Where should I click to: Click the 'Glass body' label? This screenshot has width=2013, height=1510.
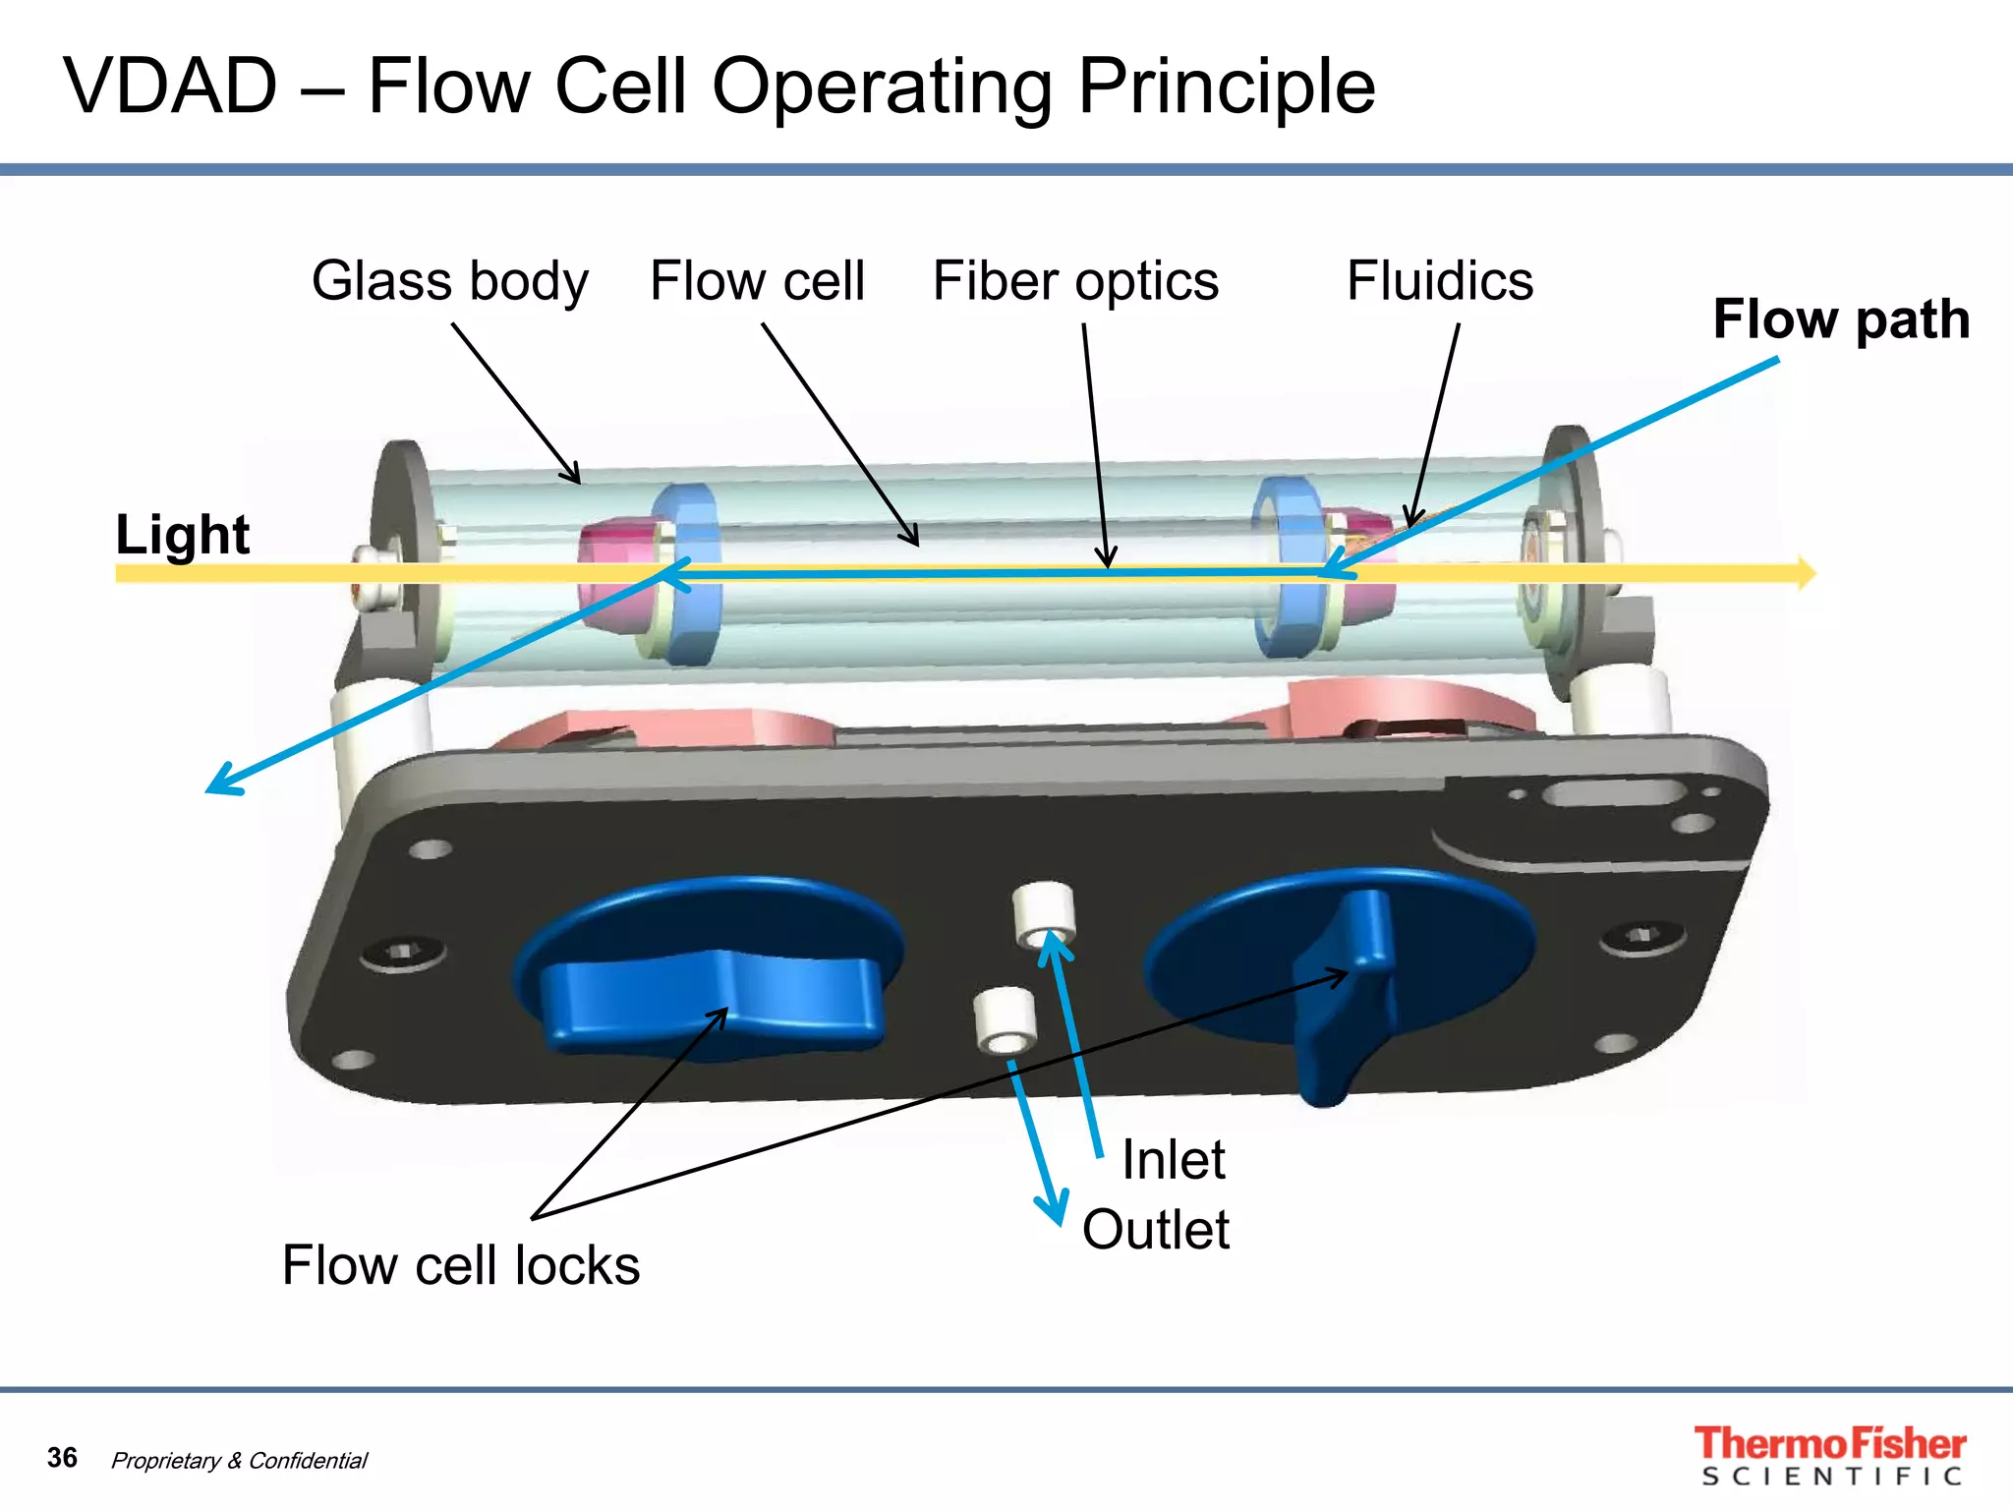pyautogui.click(x=450, y=281)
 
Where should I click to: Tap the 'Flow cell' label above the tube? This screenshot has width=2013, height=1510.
pyautogui.click(x=757, y=281)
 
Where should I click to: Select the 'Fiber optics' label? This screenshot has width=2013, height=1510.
pyautogui.click(x=1075, y=281)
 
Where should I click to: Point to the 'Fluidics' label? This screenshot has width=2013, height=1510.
pyautogui.click(x=1439, y=281)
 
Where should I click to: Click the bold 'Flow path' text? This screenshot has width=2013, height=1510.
pyautogui.click(x=1840, y=319)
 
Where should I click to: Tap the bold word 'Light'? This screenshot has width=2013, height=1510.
pyautogui.click(x=183, y=535)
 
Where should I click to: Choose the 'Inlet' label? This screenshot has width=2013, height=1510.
pyautogui.click(x=1174, y=1160)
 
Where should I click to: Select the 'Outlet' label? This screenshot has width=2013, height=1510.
pyautogui.click(x=1156, y=1230)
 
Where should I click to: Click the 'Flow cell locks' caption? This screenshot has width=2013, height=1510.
pyautogui.click(x=460, y=1265)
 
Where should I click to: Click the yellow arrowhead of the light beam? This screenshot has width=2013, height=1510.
pyautogui.click(x=1807, y=572)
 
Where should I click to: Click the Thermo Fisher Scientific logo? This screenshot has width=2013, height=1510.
pyautogui.click(x=1829, y=1456)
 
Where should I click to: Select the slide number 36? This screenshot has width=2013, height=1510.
pyautogui.click(x=62, y=1457)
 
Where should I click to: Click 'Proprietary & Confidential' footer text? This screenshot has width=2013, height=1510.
pyautogui.click(x=239, y=1461)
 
